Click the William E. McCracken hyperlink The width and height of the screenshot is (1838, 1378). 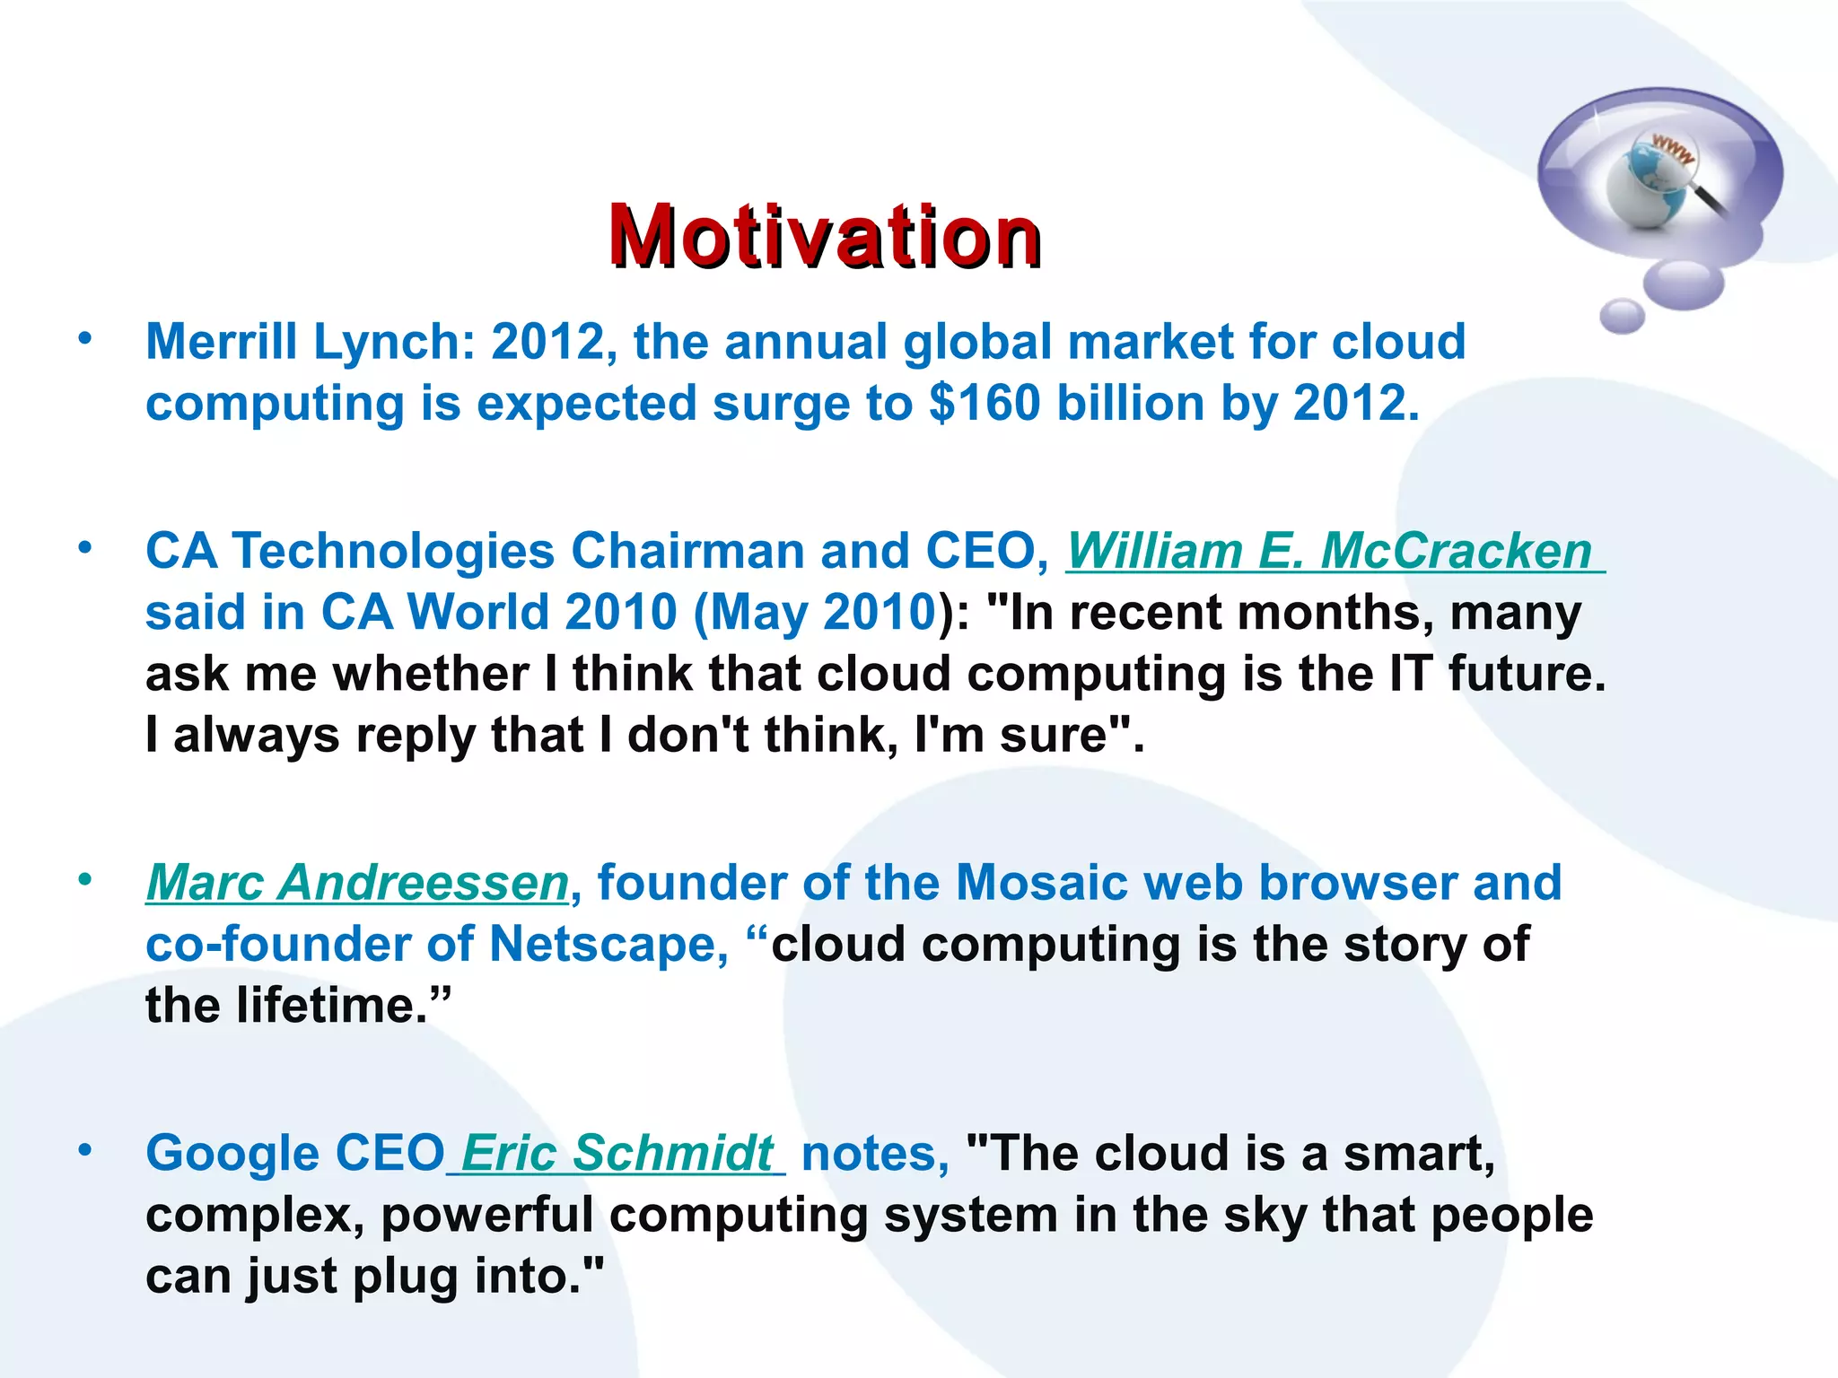click(1328, 551)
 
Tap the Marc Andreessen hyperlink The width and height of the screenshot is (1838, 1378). click(357, 883)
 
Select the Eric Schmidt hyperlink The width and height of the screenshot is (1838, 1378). click(617, 1153)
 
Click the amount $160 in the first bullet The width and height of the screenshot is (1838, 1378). click(985, 403)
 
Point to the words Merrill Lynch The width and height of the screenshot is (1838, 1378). click(302, 342)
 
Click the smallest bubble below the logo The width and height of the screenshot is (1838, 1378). click(1622, 316)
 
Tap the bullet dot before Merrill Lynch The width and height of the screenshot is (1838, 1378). click(85, 339)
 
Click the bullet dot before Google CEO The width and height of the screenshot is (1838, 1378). click(85, 1150)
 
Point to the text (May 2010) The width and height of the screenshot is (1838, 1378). click(815, 613)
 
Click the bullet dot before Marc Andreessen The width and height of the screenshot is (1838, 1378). click(85, 880)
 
